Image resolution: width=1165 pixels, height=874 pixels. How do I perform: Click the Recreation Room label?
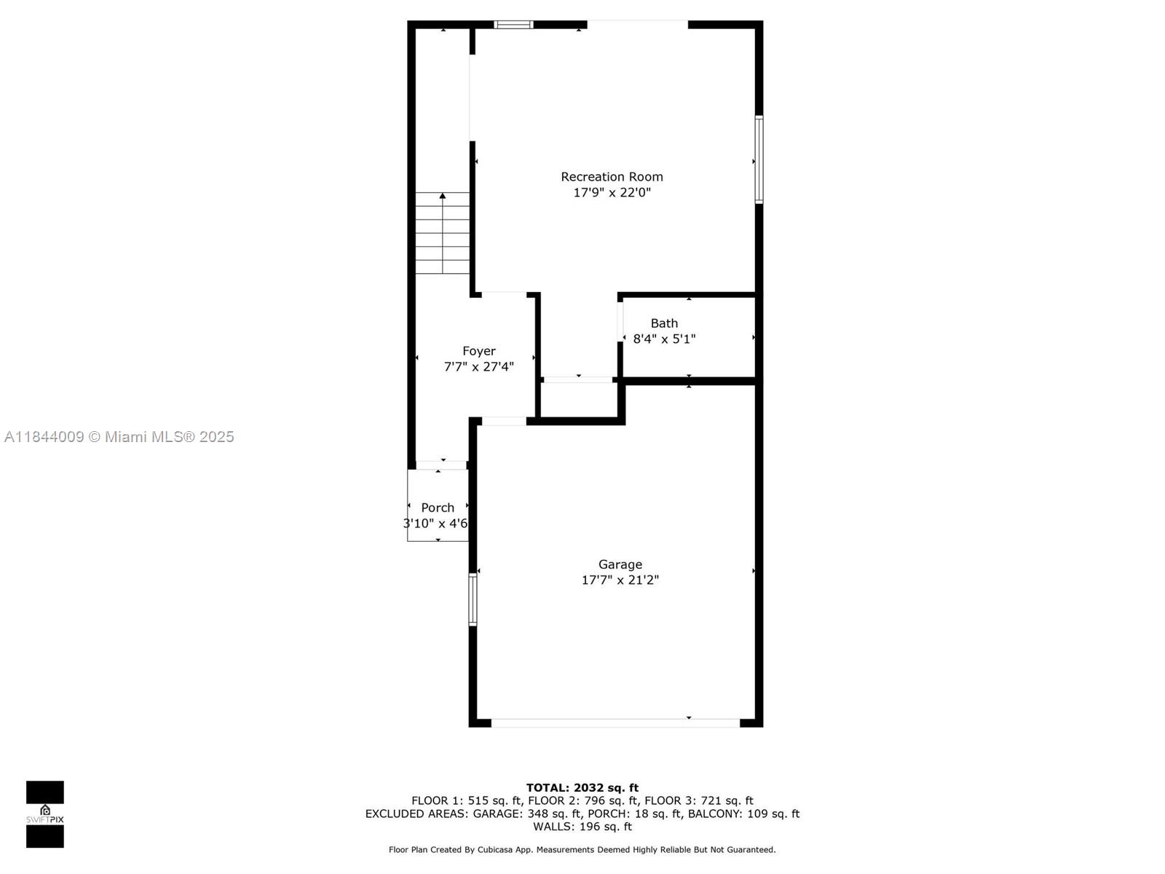(x=612, y=177)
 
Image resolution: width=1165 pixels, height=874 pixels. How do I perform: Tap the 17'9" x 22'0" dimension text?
(x=612, y=192)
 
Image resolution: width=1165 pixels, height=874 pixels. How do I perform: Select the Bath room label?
(x=664, y=323)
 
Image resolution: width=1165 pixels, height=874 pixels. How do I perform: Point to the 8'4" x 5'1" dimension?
(x=664, y=339)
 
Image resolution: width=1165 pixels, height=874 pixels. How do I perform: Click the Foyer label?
(x=478, y=351)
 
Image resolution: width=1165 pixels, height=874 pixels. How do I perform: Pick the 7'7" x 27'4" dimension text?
(x=478, y=366)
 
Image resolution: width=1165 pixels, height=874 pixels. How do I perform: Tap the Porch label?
(x=438, y=508)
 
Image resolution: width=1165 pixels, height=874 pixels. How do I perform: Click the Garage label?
(x=620, y=564)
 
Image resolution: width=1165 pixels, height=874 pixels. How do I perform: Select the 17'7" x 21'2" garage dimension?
(x=620, y=580)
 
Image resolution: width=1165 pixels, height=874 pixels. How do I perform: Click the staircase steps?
(x=442, y=233)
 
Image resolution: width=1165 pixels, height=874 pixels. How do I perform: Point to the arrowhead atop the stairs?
(x=442, y=196)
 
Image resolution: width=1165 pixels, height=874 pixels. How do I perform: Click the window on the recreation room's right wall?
(x=759, y=160)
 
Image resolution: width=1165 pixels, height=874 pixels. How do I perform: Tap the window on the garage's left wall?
(x=473, y=599)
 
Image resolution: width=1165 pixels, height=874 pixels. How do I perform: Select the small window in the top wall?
(x=513, y=25)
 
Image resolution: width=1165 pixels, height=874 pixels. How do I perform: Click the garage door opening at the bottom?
(x=615, y=723)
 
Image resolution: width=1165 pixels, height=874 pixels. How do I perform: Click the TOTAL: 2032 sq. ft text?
(x=582, y=787)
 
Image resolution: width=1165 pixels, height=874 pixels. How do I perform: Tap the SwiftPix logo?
(x=45, y=814)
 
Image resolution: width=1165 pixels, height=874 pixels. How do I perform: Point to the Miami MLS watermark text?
(x=119, y=437)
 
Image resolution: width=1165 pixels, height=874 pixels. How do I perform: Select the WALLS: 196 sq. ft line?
(x=582, y=826)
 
